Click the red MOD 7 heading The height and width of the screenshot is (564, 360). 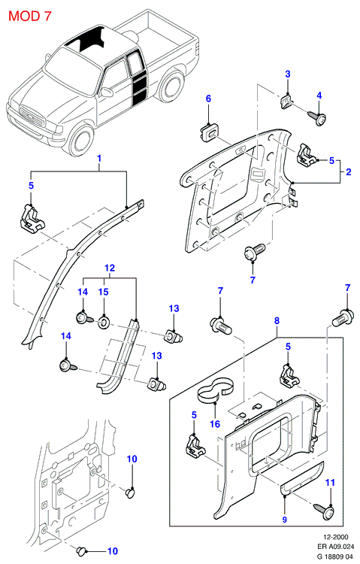(x=30, y=16)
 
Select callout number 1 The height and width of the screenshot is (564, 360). (x=100, y=158)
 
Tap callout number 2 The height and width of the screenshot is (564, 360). (x=349, y=172)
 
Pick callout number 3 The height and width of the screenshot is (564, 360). (x=288, y=74)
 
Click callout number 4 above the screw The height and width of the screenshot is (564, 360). (x=319, y=96)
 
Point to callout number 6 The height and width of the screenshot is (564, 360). (x=208, y=99)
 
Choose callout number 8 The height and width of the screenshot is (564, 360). (x=277, y=321)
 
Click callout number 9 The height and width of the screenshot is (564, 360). (x=285, y=520)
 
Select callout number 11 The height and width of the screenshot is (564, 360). (x=330, y=482)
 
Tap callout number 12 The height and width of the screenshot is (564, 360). (x=110, y=268)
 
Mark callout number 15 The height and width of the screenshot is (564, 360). (x=104, y=292)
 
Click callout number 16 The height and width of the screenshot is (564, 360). (x=215, y=424)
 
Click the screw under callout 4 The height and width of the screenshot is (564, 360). (x=318, y=118)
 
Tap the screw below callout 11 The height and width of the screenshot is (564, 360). (x=325, y=511)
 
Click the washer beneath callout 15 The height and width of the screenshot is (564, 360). (x=103, y=322)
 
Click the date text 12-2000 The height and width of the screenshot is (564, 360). (x=336, y=538)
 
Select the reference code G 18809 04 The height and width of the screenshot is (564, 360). (x=333, y=556)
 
